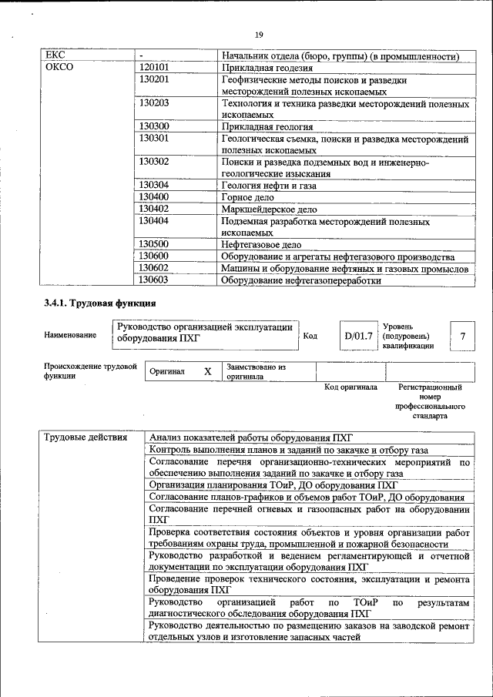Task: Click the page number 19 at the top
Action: (259, 35)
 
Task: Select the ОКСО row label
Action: (59, 68)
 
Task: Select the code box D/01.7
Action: (357, 336)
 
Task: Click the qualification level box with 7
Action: (461, 336)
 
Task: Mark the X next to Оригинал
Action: (207, 371)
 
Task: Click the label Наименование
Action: (71, 336)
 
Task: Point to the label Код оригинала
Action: (350, 387)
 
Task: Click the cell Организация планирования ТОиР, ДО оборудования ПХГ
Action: (273, 485)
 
